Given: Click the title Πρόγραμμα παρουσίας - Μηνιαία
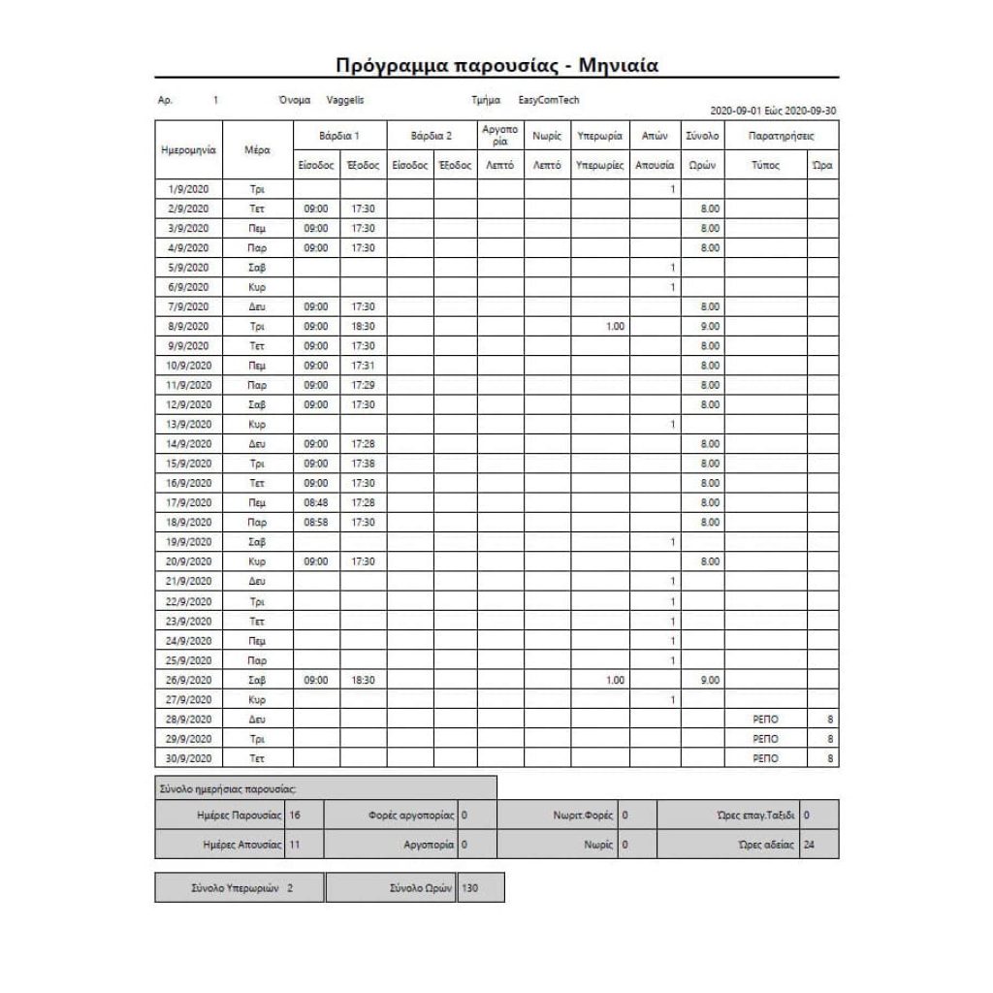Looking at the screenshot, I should pos(496,65).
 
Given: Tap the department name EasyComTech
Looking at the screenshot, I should pos(549,100).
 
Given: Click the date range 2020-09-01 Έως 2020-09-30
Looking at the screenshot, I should pos(773,111).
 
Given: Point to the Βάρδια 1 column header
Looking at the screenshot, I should pos(339,136).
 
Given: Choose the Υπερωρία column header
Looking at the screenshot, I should pos(599,136).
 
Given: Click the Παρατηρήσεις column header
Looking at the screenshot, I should pos(781,136).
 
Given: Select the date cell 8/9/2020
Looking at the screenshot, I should pos(188,326).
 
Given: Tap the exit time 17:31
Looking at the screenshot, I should pos(363,366).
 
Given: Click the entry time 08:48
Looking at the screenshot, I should pos(316,502).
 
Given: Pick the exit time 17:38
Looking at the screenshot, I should pos(363,464).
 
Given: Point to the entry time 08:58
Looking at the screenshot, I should pos(316,522).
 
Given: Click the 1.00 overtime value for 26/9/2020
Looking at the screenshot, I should pos(615,680).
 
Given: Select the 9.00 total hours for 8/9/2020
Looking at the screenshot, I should pos(710,326).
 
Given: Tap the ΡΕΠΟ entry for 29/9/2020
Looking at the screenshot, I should pos(765,739).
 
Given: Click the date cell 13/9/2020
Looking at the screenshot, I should pos(188,424).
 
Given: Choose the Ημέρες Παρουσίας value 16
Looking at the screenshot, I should pos(295,816).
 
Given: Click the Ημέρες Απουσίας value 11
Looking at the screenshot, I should pos(295,845).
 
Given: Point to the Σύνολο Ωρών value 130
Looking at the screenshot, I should pos(469,887).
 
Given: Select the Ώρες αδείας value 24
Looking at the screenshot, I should pos(810,845).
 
